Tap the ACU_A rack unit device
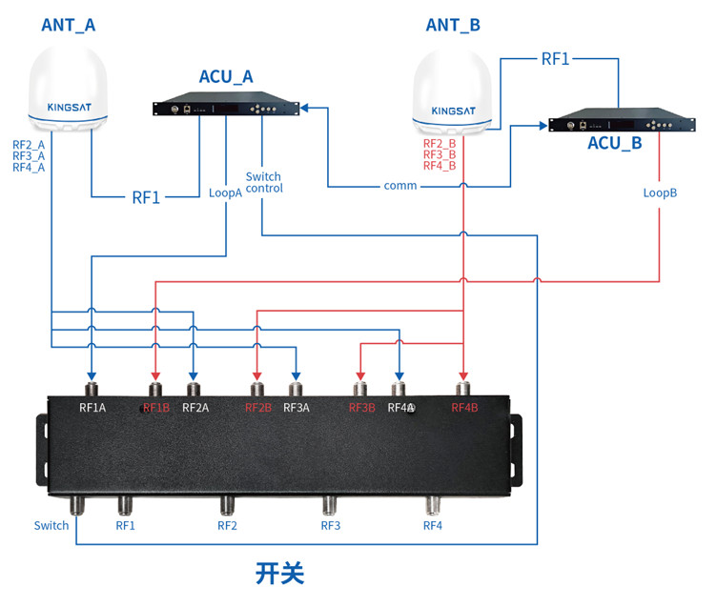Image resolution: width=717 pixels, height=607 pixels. pyautogui.click(x=227, y=108)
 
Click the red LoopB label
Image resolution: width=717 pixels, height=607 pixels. pyautogui.click(x=660, y=192)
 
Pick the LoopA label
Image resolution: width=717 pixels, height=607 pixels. pyautogui.click(x=226, y=192)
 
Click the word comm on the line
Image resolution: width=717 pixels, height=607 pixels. pyautogui.click(x=400, y=185)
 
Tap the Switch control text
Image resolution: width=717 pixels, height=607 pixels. pyautogui.click(x=264, y=182)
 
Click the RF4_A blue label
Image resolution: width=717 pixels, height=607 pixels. pyautogui.click(x=29, y=168)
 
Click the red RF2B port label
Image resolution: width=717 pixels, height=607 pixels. pyautogui.click(x=258, y=408)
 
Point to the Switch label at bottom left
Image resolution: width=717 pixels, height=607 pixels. pyautogui.click(x=51, y=525)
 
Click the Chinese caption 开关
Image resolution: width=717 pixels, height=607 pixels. pyautogui.click(x=279, y=574)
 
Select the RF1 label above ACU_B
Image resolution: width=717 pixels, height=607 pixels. pyautogui.click(x=555, y=59)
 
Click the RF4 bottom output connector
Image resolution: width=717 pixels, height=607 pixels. pyautogui.click(x=433, y=505)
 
